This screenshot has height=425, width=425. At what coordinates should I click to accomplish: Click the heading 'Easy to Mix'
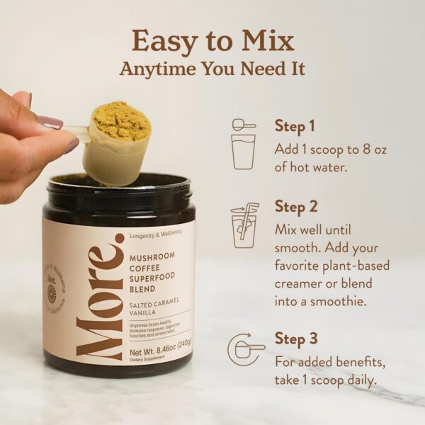(x=212, y=41)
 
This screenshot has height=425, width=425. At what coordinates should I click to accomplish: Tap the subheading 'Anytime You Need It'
(x=212, y=69)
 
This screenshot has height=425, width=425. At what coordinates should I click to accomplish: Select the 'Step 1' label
(x=295, y=127)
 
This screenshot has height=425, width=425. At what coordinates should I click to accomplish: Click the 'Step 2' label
(x=295, y=207)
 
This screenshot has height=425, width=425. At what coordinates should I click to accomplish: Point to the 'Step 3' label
(x=295, y=338)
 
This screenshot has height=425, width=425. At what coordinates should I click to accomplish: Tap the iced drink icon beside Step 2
(x=244, y=225)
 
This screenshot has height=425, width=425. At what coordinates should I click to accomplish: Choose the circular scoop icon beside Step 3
(x=244, y=349)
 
